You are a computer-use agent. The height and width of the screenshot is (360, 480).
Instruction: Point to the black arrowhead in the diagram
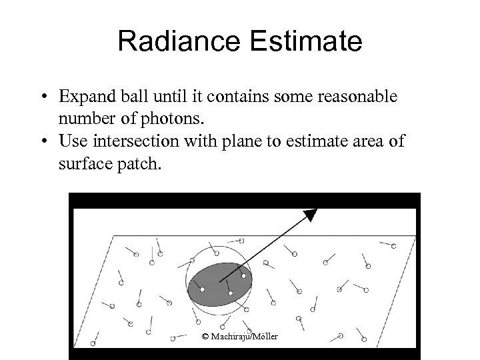coord(309,215)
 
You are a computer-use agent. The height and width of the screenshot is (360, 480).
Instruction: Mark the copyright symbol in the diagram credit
coord(205,335)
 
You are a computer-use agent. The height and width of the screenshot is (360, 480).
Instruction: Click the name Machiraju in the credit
coord(230,335)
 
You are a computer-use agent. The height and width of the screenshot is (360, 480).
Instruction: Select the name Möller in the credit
coord(265,335)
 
